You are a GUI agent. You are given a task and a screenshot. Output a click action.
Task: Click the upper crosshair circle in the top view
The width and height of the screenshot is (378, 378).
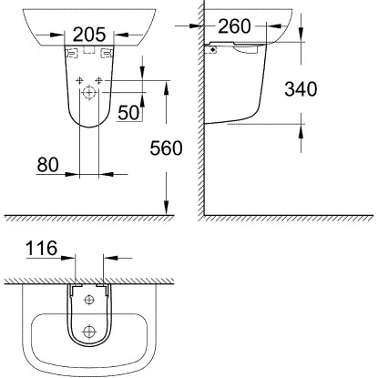pyautogui.click(x=89, y=300)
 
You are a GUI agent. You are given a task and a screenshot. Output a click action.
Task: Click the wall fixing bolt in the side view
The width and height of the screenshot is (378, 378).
pyautogui.click(x=213, y=51)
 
